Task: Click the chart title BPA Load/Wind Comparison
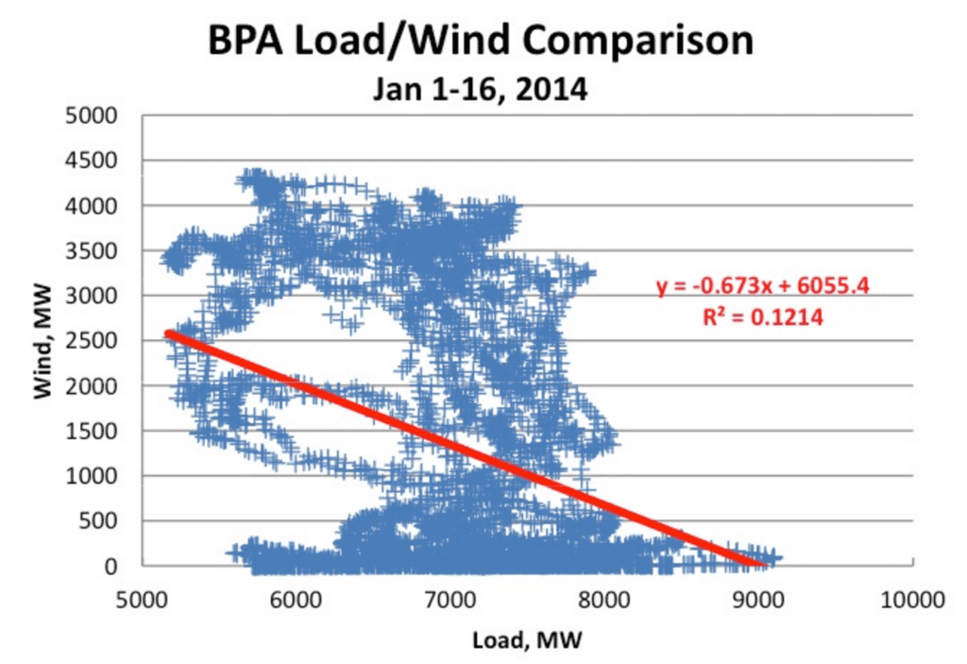pos(482,42)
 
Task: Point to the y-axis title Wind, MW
pos(42,342)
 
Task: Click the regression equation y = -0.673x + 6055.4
pos(764,286)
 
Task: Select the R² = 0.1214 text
pos(763,318)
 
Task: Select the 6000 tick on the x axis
pos(296,598)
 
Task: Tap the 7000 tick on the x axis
pos(450,598)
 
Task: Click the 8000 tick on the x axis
pos(603,598)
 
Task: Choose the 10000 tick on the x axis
pos(911,598)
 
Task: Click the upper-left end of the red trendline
pos(168,332)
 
